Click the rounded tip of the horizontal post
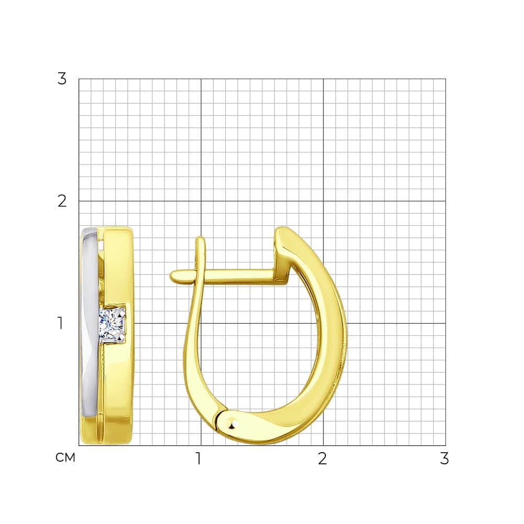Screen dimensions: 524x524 pyautogui.click(x=174, y=276)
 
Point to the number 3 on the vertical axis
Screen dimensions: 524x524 pyautogui.click(x=62, y=79)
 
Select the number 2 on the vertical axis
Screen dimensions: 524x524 pyautogui.click(x=62, y=201)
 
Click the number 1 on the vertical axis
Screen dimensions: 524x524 pyautogui.click(x=60, y=323)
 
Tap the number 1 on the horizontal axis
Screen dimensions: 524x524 pyautogui.click(x=199, y=458)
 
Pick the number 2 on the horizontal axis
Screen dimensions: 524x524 pyautogui.click(x=322, y=458)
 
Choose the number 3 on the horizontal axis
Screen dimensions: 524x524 pyautogui.click(x=444, y=458)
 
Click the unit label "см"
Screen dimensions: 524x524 pyautogui.click(x=65, y=458)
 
